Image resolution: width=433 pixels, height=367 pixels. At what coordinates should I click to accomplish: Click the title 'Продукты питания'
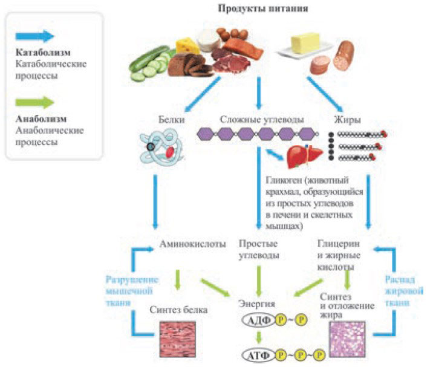[259, 8]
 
